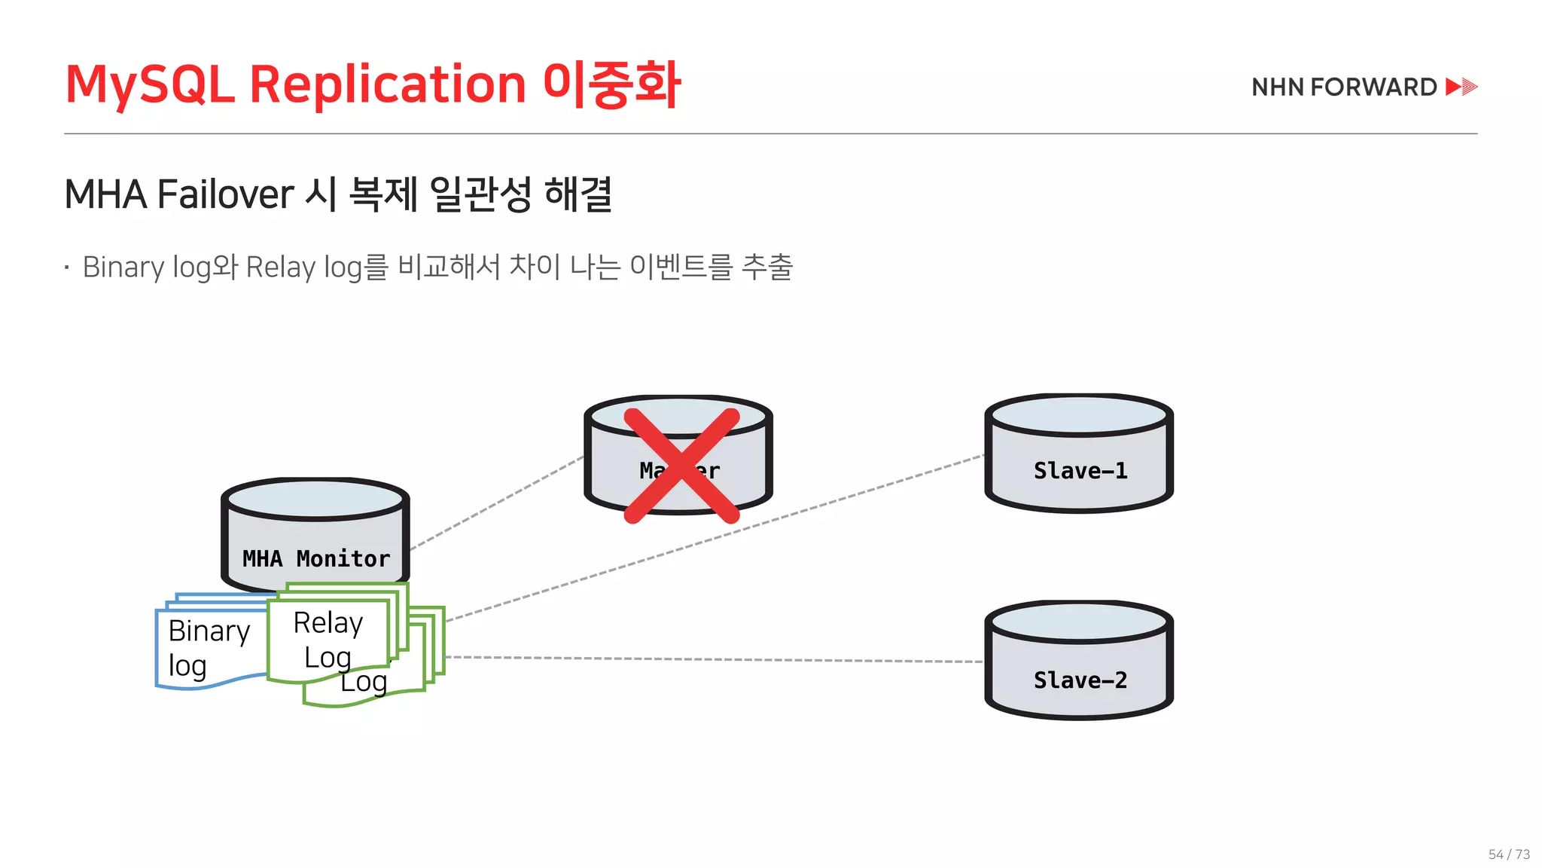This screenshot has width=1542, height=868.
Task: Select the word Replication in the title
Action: point(387,84)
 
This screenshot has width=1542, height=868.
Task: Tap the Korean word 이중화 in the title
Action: point(611,84)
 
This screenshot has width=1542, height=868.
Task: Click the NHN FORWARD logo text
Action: point(1344,87)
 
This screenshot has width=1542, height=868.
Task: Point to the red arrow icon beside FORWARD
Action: point(1461,87)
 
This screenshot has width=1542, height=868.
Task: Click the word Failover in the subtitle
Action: point(226,194)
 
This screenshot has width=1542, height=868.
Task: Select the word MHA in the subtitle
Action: point(105,194)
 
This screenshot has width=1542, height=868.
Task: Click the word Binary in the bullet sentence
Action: point(123,267)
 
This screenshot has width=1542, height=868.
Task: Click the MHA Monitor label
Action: point(316,558)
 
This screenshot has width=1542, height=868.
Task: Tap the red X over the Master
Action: point(681,465)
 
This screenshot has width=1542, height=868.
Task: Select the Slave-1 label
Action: point(1080,471)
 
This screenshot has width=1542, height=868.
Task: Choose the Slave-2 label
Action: point(1080,680)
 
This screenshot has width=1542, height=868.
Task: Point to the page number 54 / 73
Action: point(1509,854)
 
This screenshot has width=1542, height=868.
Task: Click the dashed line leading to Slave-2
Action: point(715,659)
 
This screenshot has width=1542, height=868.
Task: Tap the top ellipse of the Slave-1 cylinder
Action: point(1079,415)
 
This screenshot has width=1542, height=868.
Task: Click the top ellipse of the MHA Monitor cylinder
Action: point(315,499)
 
